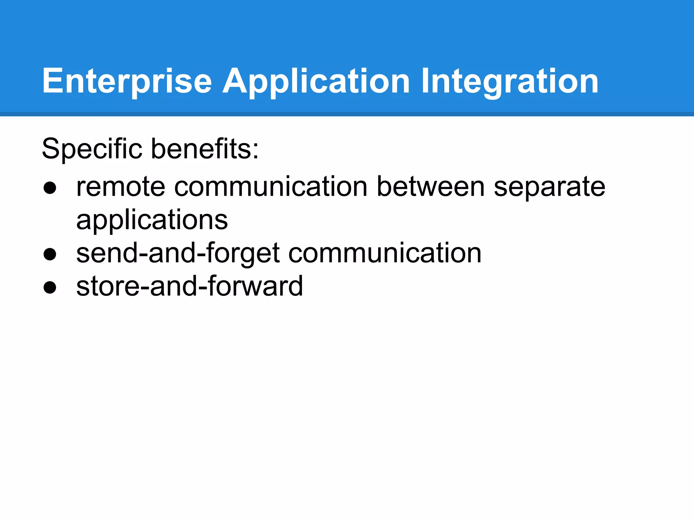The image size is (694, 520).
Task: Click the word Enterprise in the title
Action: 127,81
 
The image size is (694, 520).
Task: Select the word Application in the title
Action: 316,81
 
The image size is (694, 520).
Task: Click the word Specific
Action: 92,149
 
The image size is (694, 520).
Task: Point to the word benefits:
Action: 205,149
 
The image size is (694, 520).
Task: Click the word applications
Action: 152,220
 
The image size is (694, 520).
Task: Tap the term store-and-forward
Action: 189,286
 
